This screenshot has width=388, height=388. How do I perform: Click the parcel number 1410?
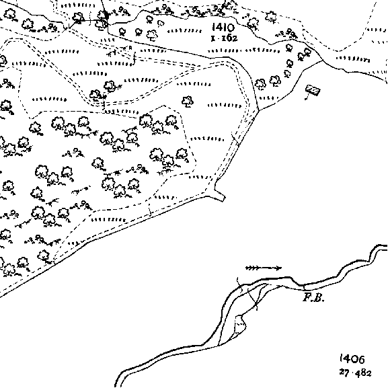223,27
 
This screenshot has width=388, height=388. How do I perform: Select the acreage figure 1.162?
224,38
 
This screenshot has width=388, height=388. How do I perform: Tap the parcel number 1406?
352,359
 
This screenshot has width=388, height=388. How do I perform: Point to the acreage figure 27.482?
355,373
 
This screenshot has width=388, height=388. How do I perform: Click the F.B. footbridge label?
313,297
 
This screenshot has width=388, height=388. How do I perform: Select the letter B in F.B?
319,298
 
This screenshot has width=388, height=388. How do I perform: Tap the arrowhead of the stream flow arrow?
278,268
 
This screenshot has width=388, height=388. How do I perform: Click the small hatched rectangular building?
313,90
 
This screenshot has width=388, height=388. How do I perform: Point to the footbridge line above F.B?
304,287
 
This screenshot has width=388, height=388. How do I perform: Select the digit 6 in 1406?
361,359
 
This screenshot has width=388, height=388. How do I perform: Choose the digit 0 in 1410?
229,27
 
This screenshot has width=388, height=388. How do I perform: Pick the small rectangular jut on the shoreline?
220,195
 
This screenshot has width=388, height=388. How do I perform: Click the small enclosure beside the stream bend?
239,325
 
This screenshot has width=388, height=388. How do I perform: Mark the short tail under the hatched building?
307,97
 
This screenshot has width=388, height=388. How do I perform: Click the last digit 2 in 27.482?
368,373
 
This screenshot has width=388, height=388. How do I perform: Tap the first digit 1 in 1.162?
212,39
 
